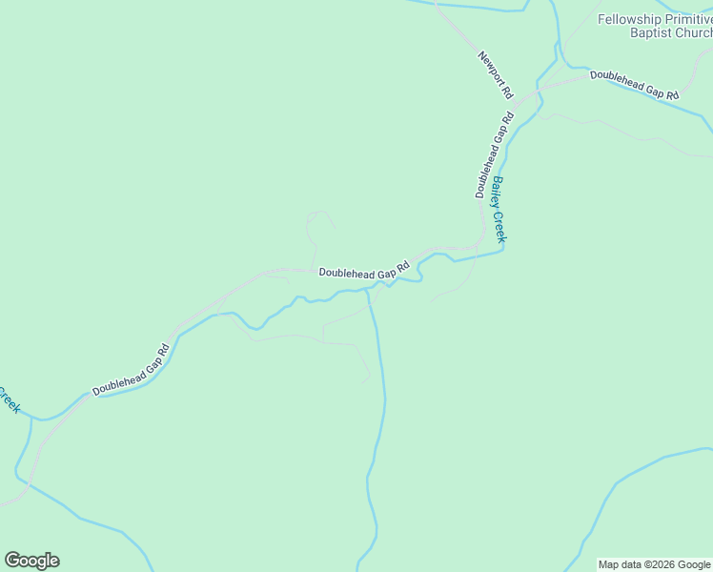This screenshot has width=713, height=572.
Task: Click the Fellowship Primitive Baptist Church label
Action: pos(655,26)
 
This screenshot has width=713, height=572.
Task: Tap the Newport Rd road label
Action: pos(496,75)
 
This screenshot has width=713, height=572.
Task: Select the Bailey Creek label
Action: pos(499,209)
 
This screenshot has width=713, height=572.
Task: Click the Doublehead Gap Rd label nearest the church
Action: pos(634,85)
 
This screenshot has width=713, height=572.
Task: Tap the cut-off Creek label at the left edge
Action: pos(9,399)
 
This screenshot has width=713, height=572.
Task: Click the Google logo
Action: pos(31,561)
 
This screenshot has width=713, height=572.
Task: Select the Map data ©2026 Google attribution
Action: pos(654,564)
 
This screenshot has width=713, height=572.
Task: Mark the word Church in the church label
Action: pos(686,32)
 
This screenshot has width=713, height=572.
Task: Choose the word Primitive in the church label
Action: pos(686,19)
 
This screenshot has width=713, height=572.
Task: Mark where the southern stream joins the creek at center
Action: pos(369,291)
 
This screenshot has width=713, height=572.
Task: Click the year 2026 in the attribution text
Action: pos(663,564)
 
